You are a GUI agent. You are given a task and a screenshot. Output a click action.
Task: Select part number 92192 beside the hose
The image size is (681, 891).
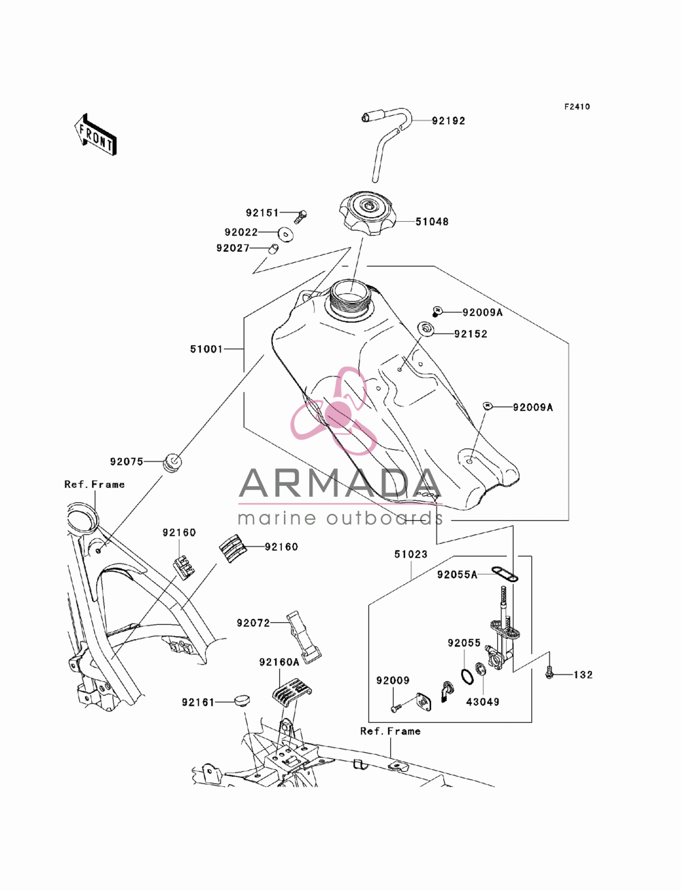448,121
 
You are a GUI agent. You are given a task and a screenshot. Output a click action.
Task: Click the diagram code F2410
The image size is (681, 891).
577,107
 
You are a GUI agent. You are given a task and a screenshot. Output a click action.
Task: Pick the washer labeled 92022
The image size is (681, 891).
285,234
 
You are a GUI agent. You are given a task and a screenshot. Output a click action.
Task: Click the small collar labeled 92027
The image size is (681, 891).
273,248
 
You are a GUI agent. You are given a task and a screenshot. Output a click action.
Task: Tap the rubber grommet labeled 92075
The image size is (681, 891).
172,463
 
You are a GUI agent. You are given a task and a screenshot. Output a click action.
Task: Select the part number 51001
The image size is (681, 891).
206,349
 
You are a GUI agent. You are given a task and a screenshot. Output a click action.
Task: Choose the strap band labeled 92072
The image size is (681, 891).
303,643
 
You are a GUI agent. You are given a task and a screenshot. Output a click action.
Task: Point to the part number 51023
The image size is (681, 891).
411,554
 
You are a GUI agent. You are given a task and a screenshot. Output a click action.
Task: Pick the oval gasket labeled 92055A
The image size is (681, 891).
505,574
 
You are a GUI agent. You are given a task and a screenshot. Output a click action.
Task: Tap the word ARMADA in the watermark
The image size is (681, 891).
340,483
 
